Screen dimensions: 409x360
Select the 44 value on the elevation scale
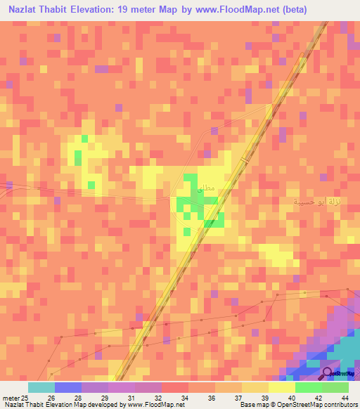tap(345, 397)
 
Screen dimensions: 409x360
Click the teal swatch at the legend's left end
tap(41, 387)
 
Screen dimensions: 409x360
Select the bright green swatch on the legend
tap(308, 387)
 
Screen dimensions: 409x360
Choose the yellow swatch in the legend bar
tap(281, 387)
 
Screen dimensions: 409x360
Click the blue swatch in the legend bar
tap(67, 387)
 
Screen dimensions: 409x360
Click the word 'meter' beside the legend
tap(11, 397)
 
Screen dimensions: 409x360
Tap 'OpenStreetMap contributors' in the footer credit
tap(306, 405)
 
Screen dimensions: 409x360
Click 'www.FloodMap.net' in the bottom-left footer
tap(147, 405)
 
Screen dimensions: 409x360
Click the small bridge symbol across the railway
tap(245, 161)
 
